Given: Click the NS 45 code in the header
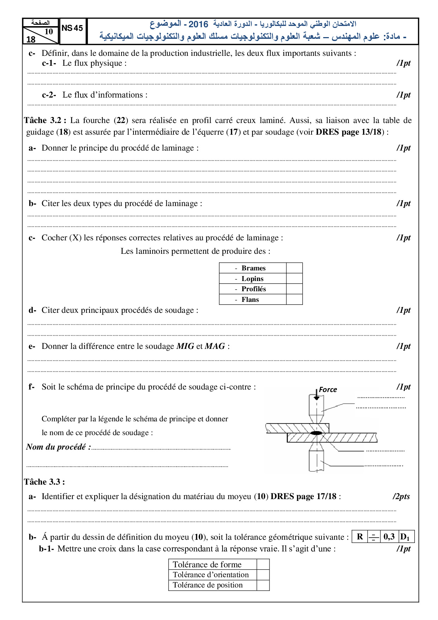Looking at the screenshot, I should (72, 28).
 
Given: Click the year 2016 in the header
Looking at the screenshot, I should (198, 24).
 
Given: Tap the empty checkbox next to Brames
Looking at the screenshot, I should (294, 268).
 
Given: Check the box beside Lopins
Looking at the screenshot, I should (294, 279).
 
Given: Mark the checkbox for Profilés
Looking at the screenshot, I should (294, 289).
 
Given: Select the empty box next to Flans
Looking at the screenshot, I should (294, 299).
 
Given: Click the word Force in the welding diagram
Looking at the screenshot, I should (328, 390).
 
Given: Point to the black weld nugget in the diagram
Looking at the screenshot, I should (316, 433).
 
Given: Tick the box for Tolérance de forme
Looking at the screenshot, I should (263, 565).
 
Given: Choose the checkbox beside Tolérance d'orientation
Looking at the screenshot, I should (263, 575).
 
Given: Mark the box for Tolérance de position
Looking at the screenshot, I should (263, 585).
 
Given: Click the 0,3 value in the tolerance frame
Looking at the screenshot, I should (389, 537).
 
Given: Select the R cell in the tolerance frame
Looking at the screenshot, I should (360, 537).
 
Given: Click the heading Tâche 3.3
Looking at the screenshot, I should (44, 482).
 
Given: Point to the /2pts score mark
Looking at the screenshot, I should (401, 496).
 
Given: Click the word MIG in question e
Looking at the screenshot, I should (185, 346).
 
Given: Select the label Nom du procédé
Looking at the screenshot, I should (58, 447).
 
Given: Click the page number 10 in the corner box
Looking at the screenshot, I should (49, 31).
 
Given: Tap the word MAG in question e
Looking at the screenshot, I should (215, 346).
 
